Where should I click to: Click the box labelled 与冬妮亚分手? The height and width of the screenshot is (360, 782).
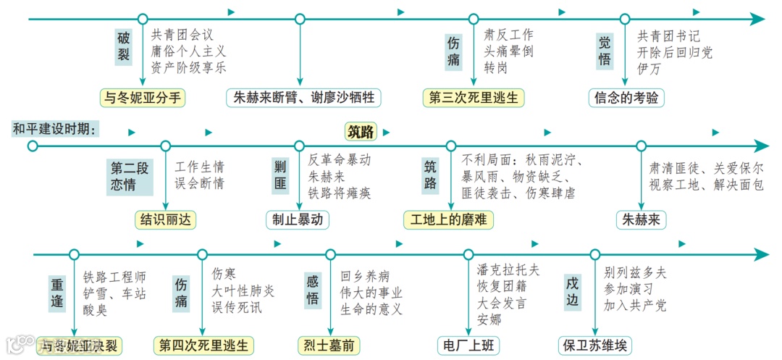[x=143, y=98]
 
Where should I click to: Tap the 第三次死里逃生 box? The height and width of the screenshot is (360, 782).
[x=474, y=98]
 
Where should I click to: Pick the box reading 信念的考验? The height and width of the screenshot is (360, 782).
[x=626, y=98]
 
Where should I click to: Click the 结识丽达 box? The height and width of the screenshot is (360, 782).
[x=166, y=219]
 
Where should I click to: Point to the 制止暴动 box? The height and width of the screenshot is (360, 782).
[x=298, y=219]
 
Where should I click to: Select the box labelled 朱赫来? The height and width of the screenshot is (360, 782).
[x=642, y=219]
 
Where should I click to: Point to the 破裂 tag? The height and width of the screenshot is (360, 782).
[x=125, y=45]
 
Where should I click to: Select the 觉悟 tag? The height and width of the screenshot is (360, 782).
[x=605, y=51]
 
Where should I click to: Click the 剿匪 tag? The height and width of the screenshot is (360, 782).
[x=280, y=175]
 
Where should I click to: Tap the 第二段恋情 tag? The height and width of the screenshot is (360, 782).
[x=130, y=176]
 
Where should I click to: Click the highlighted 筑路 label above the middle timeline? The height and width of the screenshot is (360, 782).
[x=361, y=132]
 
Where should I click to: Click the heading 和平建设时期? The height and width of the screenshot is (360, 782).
[x=55, y=130]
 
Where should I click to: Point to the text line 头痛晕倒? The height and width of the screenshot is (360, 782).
[x=509, y=51]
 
